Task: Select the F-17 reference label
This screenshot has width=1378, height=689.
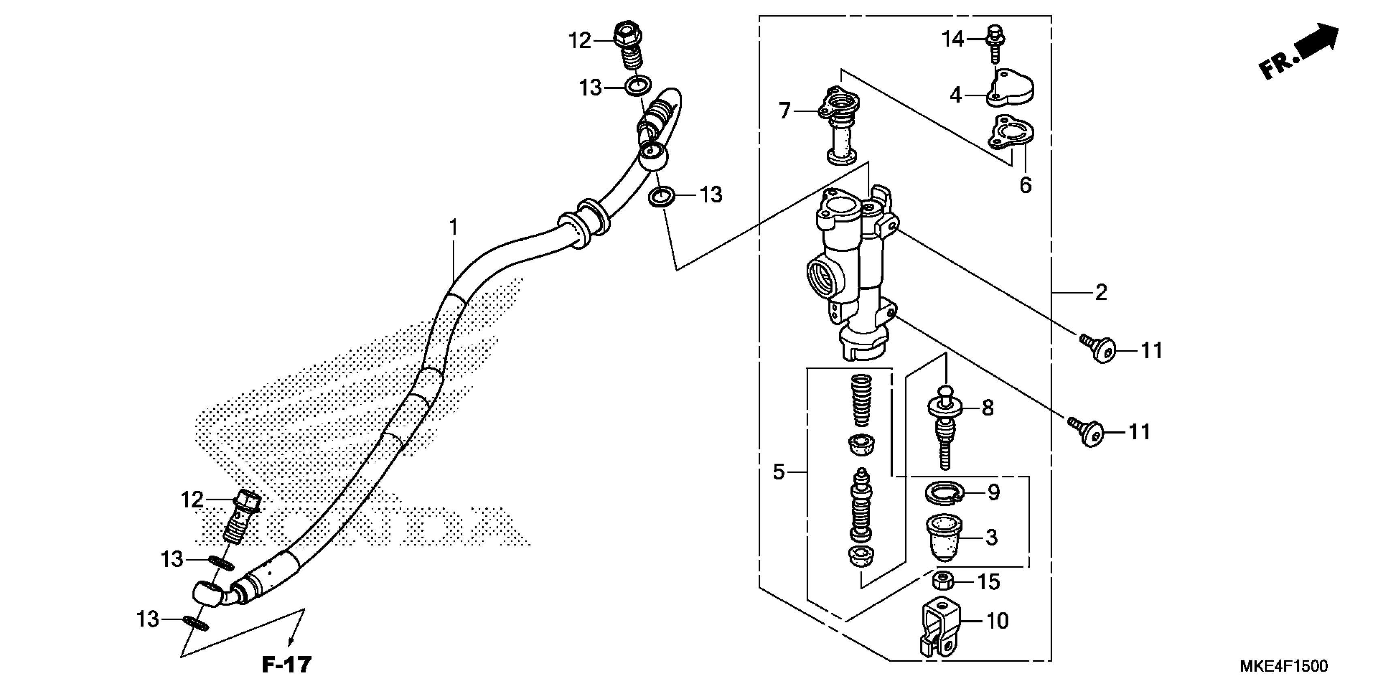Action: click(286, 665)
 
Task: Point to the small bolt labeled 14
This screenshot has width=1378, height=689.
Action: click(995, 40)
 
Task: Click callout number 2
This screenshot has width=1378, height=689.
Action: click(1101, 293)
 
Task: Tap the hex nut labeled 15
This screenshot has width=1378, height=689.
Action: click(945, 581)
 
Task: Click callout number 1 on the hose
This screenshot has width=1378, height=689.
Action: click(453, 228)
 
